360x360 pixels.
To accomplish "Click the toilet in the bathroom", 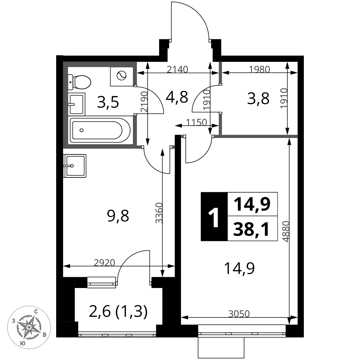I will [80, 82].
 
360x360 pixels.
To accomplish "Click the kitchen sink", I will [75, 166].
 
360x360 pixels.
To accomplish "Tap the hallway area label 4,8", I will [177, 97].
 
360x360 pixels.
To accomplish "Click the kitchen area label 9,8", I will [118, 216].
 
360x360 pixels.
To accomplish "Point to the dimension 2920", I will [104, 262].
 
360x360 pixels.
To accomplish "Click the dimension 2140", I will [179, 69].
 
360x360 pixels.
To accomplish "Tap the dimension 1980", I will [259, 69].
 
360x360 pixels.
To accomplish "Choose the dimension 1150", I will [197, 122].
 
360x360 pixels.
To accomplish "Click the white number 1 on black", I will [214, 216].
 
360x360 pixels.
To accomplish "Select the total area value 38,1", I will [252, 229].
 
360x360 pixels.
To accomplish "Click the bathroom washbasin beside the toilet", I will [77, 104].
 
